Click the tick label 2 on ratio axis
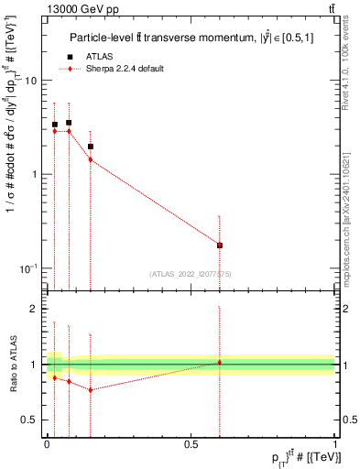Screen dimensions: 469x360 coord(34,309)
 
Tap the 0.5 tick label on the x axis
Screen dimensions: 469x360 coord(191,443)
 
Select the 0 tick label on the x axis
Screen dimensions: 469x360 coord(47,443)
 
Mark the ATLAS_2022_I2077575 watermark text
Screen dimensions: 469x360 coord(191,273)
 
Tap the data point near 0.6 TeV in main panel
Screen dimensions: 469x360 coord(220,245)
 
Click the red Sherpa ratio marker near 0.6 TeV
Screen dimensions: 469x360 coord(220,362)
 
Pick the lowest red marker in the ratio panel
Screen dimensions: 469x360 coord(91,389)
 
